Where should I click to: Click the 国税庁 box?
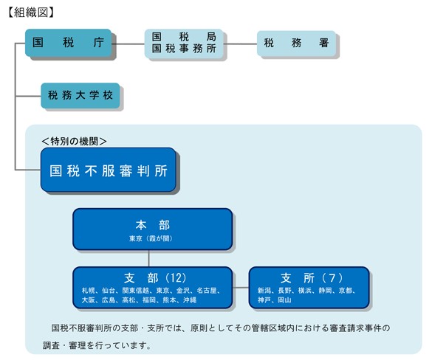69,43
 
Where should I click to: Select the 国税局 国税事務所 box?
184,44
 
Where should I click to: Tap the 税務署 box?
296,44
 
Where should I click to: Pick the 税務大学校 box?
80,95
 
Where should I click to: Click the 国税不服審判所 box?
109,170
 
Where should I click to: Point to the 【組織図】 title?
31,13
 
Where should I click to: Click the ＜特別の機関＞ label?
74,141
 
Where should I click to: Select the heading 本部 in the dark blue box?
152,226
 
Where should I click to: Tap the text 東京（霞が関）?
151,238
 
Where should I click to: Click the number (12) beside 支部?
176,277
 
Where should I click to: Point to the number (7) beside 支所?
332,277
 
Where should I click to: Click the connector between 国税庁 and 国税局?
128,44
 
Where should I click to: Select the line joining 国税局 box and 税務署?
240,44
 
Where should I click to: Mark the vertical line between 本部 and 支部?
148,258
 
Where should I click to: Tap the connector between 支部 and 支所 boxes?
241,288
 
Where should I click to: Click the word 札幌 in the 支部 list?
89,291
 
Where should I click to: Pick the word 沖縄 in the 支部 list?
190,300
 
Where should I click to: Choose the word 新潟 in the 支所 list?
264,291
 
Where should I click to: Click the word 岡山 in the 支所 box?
284,300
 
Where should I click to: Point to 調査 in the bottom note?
51,345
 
